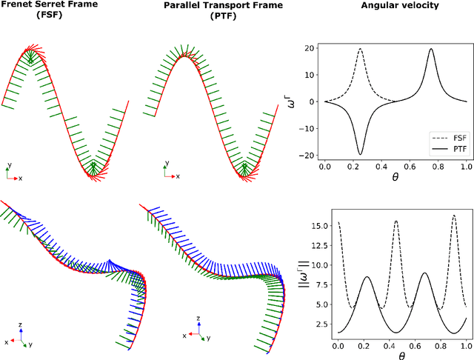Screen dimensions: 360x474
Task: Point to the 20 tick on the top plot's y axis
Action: (312, 50)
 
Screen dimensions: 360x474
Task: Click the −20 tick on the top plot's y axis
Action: (309, 154)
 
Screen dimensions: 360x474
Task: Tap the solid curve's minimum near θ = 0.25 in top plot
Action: (360, 154)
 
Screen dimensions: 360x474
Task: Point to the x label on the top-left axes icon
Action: (20, 179)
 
